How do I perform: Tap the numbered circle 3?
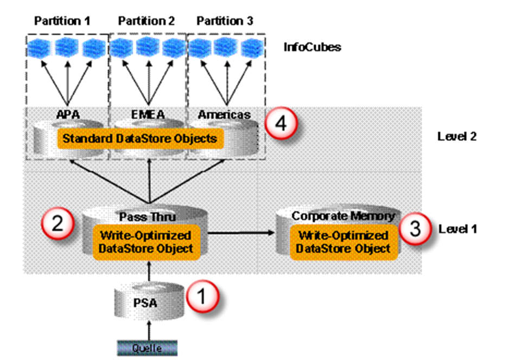point(415,228)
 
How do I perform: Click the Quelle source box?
point(148,346)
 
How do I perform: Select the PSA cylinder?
point(145,303)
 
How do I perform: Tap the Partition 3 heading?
point(225,21)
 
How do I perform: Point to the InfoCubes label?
point(312,47)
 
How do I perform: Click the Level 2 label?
point(457,136)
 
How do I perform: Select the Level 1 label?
point(457,228)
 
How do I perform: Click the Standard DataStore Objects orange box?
point(139,138)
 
